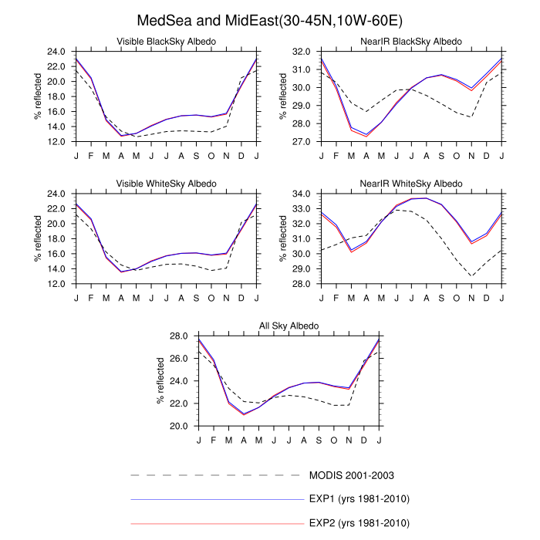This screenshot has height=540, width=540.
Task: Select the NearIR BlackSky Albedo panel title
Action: (411, 41)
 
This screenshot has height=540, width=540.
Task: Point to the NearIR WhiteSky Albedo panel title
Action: (411, 184)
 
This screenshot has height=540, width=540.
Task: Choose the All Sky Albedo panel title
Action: (289, 326)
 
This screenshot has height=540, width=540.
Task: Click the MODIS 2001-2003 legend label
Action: (351, 475)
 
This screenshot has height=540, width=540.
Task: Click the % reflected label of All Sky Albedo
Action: (161, 381)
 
